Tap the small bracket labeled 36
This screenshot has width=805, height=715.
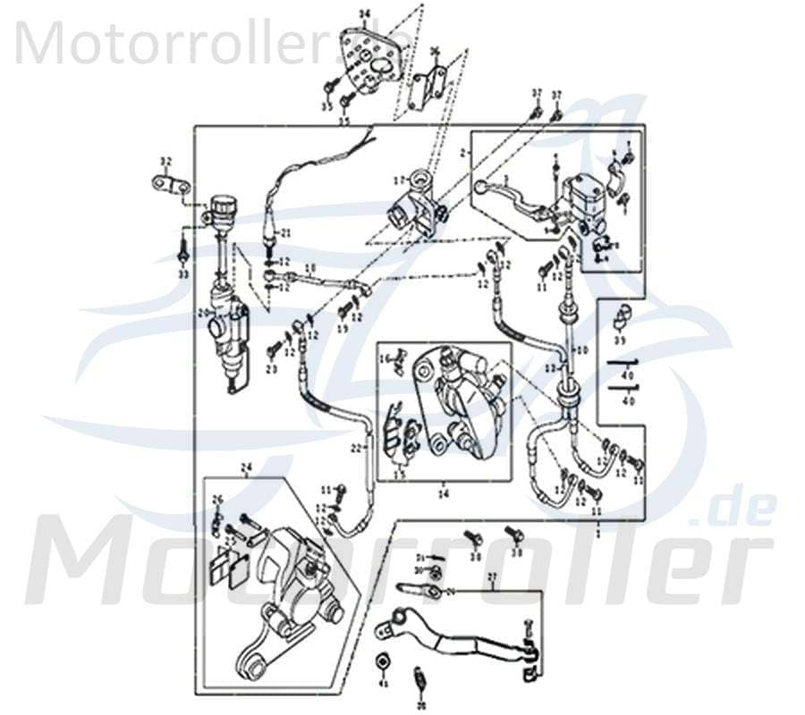(428, 86)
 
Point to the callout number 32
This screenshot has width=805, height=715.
(165, 162)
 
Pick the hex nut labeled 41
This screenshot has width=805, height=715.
(383, 661)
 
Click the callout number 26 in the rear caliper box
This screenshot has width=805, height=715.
(216, 499)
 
